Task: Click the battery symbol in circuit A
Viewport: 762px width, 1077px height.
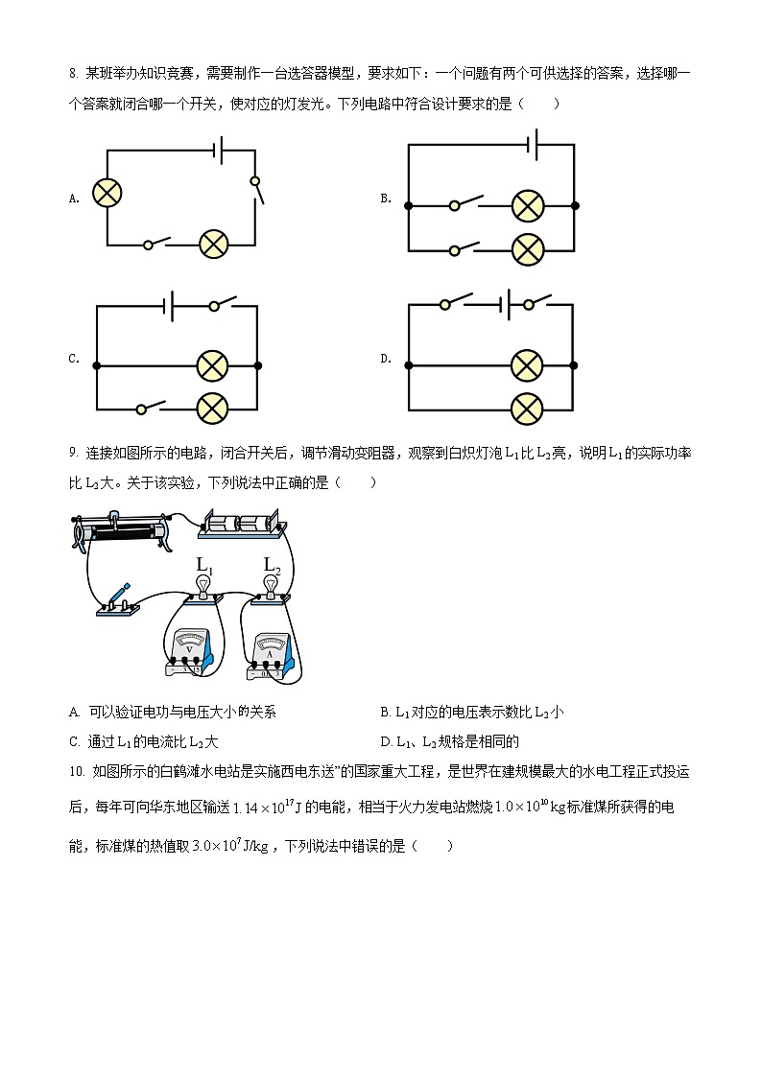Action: click(220, 150)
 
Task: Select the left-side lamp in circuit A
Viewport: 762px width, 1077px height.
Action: click(107, 193)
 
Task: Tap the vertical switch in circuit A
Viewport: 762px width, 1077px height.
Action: click(256, 191)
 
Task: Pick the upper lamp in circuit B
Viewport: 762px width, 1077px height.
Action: click(527, 205)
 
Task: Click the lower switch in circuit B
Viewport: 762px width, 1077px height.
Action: click(466, 248)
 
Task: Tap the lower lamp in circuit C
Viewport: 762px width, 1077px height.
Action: click(212, 409)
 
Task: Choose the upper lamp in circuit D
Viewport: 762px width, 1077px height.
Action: click(526, 365)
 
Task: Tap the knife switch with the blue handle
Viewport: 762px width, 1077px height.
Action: click(117, 600)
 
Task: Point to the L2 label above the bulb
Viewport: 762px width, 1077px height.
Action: click(272, 564)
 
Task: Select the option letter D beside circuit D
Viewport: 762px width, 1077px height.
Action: click(386, 359)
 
